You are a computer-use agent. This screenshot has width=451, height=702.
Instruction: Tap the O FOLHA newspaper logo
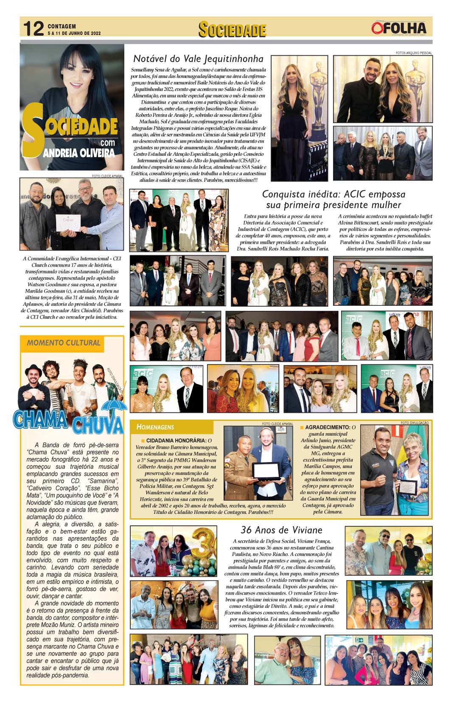398,28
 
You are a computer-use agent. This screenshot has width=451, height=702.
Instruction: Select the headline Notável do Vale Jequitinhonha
198,58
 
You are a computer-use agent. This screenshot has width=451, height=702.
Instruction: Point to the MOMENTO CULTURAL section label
64,343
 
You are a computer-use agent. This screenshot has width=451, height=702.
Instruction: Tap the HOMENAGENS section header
155,427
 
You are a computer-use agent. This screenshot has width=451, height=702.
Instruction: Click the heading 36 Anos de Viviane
281,530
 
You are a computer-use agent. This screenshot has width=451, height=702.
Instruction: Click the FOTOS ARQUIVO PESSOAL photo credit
413,53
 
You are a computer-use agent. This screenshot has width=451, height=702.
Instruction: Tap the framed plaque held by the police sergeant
266,471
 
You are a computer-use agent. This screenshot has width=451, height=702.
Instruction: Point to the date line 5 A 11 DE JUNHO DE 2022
74,33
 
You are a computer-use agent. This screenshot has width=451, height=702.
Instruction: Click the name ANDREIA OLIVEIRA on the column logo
79,152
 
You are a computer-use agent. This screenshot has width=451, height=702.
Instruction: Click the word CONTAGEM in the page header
62,26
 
